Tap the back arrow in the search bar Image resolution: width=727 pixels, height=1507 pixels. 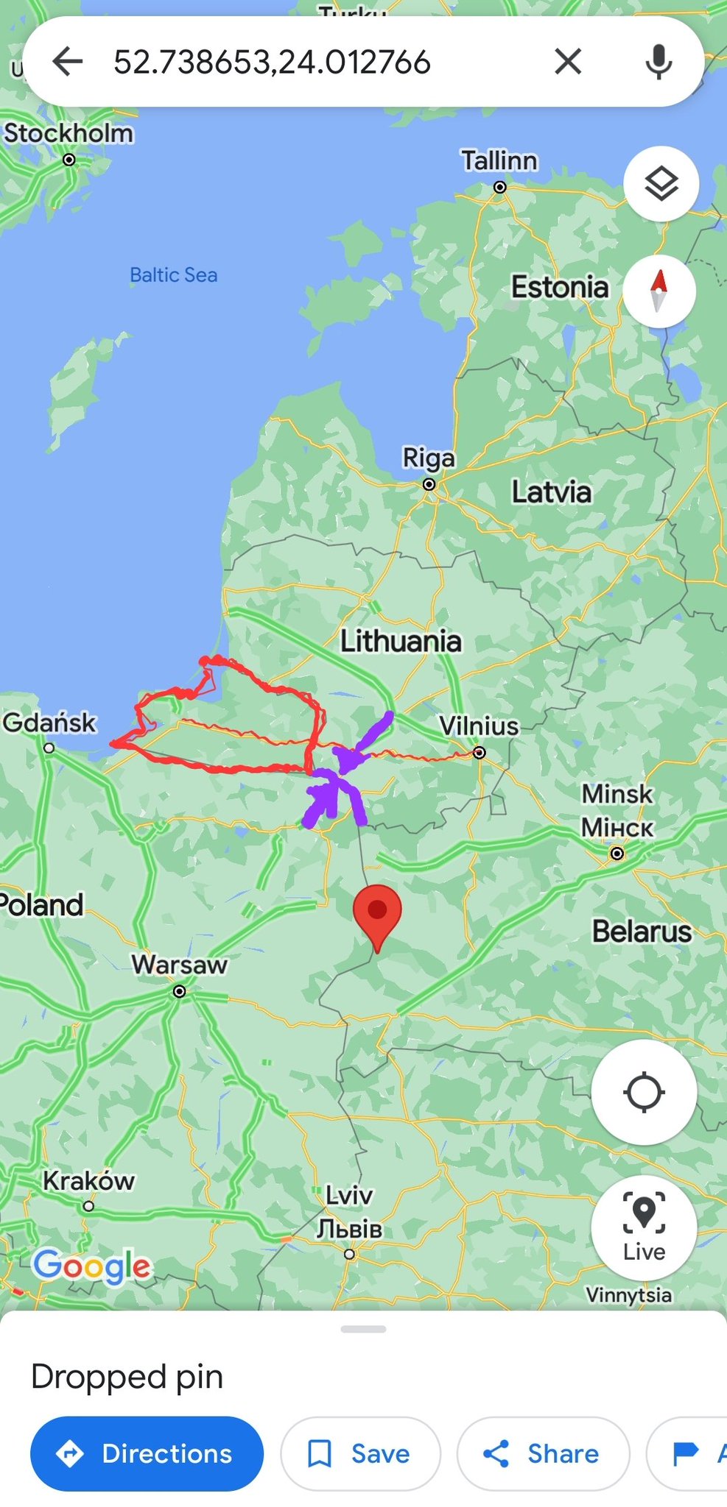coord(68,62)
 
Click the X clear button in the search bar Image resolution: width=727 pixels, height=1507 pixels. coord(568,62)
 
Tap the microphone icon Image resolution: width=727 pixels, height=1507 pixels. coord(658,62)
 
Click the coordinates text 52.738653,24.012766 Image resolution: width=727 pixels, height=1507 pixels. coord(272,62)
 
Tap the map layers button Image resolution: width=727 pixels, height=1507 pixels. coord(661,184)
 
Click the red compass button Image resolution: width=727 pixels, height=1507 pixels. coord(659,291)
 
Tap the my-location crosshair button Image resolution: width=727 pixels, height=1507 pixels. coord(644,1092)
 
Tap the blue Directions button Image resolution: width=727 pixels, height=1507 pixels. coord(147,1453)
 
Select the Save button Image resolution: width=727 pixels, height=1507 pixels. coord(360,1453)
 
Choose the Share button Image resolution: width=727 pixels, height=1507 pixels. coord(543,1453)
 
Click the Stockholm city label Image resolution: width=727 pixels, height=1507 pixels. coord(69,134)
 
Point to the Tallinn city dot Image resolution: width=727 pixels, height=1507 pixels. coord(500,187)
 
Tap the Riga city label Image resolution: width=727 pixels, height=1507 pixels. coord(429,458)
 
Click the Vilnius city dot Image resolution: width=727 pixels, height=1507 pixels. coord(480,752)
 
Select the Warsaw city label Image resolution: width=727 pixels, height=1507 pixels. coord(180,964)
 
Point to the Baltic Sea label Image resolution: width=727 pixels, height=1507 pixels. coord(174,275)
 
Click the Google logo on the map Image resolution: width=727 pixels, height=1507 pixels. coord(92,1266)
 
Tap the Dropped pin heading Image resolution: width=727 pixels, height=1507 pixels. coord(127,1376)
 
